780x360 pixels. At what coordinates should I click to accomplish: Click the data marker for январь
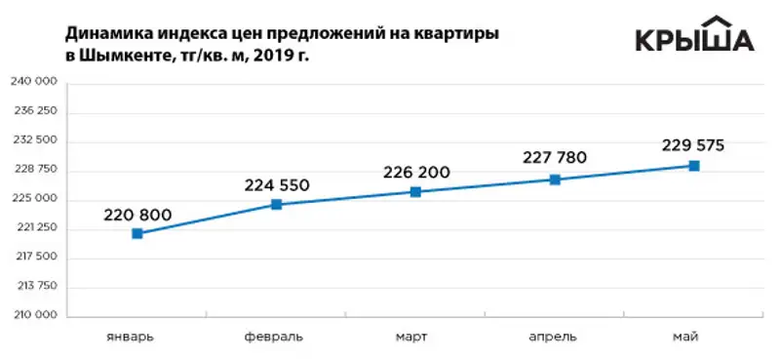click(x=137, y=233)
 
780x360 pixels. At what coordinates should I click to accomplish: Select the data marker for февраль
click(x=277, y=204)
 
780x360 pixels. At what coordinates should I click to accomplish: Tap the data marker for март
click(x=415, y=192)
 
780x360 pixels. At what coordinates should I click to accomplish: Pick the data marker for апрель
click(x=555, y=180)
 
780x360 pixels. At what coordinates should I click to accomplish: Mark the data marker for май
click(x=694, y=166)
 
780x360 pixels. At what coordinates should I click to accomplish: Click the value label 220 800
click(x=137, y=214)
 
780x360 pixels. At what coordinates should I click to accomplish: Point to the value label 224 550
click(x=277, y=184)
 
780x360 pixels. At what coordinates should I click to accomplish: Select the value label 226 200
click(x=416, y=173)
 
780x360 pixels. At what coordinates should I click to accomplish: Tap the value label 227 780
click(x=555, y=158)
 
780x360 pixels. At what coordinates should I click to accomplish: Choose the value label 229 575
click(x=693, y=145)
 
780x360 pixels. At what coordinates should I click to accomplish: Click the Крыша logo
click(x=694, y=36)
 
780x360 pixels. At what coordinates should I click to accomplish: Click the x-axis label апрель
click(x=554, y=338)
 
